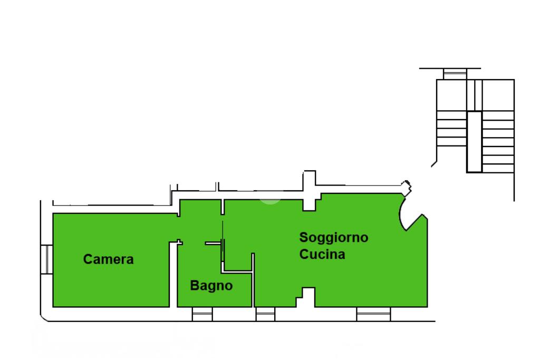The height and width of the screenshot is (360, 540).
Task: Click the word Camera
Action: click(108, 259)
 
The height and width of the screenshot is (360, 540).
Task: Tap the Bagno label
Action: click(211, 286)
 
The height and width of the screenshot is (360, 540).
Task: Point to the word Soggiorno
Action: click(334, 238)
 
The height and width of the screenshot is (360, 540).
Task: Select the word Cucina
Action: click(322, 255)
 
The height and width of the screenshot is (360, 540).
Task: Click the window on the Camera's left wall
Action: click(46, 259)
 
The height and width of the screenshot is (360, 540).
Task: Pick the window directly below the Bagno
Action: click(202, 314)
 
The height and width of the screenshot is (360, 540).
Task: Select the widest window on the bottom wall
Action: click(373, 314)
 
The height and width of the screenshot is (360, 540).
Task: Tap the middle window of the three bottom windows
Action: click(266, 314)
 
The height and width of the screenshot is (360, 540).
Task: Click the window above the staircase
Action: click(455, 74)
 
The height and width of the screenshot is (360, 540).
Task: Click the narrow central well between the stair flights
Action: click(474, 142)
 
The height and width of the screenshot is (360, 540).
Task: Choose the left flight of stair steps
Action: click(452, 129)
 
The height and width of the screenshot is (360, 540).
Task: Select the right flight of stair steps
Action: click(498, 142)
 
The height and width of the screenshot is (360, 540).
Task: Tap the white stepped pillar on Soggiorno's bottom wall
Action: click(306, 297)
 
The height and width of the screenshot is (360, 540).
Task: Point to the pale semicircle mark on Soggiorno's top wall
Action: click(271, 202)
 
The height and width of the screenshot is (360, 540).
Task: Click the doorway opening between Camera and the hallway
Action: click(178, 228)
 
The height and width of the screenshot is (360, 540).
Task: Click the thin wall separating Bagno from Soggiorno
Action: click(253, 280)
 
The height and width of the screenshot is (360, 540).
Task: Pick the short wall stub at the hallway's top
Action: click(223, 207)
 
